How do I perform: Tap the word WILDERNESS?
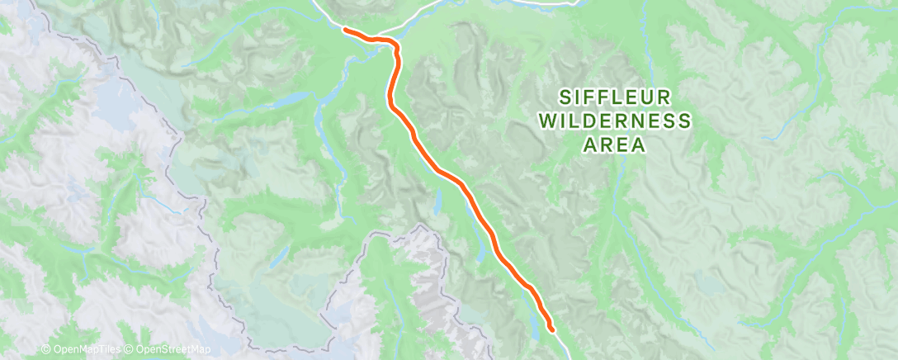point(615,121)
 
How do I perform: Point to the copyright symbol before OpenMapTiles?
point(46,350)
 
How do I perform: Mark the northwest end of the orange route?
point(344,30)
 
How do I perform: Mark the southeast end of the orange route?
point(551,331)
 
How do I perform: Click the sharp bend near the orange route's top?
point(396,50)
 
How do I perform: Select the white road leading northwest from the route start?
point(326,12)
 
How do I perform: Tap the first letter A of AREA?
point(589,146)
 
